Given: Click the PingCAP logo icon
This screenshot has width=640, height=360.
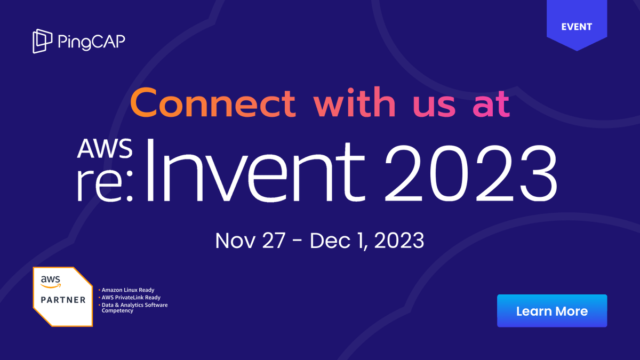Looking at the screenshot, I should pyautogui.click(x=42, y=41).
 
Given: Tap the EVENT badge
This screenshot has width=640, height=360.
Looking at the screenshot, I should pyautogui.click(x=577, y=26).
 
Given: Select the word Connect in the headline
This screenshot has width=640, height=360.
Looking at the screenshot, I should pyautogui.click(x=212, y=103).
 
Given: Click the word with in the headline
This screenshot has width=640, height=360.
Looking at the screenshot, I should pyautogui.click(x=354, y=103).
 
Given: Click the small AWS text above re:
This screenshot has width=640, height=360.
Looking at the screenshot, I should pyautogui.click(x=105, y=150).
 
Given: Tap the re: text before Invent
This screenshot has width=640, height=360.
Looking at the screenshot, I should pyautogui.click(x=107, y=185).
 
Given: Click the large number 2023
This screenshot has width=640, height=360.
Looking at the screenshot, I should pyautogui.click(x=471, y=170).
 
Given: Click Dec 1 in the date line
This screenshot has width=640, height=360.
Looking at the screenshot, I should pyautogui.click(x=338, y=241).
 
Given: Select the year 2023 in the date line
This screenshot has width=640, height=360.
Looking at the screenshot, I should pyautogui.click(x=399, y=241).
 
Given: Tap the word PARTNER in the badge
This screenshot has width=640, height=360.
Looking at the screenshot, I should pyautogui.click(x=63, y=300).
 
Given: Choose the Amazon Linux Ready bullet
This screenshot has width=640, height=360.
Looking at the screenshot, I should pyautogui.click(x=127, y=290).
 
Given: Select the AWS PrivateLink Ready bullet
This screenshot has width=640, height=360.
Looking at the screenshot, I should pyautogui.click(x=131, y=298).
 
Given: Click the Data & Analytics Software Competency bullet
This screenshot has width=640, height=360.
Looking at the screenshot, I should pyautogui.click(x=134, y=308).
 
